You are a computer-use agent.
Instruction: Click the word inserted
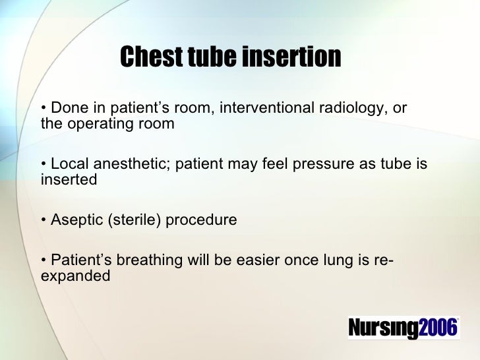click(x=69, y=179)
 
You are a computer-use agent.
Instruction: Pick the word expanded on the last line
click(x=75, y=276)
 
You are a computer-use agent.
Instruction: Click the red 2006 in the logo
click(x=438, y=328)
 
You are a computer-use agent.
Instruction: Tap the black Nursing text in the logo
click(x=382, y=328)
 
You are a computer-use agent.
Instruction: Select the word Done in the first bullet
click(x=65, y=107)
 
